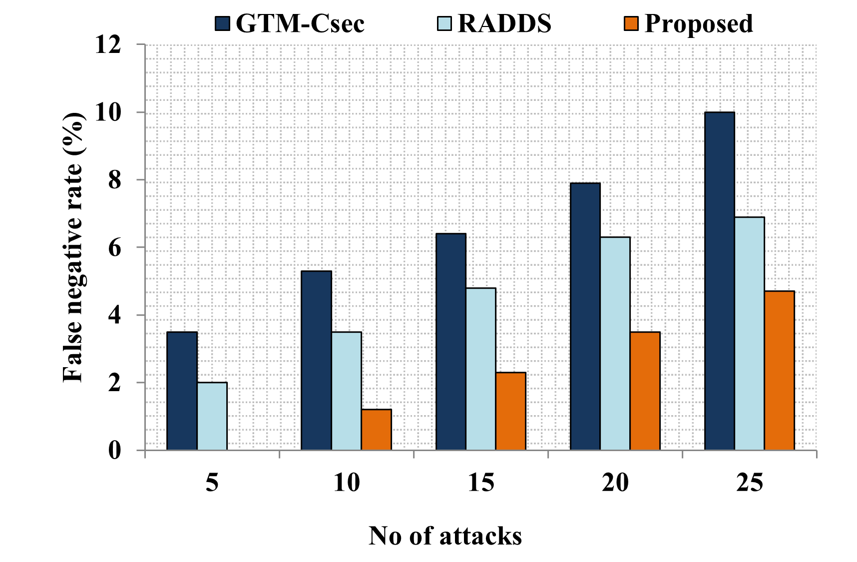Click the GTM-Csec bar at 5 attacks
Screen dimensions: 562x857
pos(182,391)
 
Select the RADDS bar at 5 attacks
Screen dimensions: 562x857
pos(212,416)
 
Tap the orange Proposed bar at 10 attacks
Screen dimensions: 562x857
pos(376,430)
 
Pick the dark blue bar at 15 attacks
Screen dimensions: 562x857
pos(450,342)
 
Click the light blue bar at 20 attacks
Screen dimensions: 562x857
pos(615,343)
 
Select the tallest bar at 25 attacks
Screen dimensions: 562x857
pos(719,281)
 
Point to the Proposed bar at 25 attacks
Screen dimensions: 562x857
pos(779,370)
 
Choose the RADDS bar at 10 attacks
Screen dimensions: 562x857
pos(346,391)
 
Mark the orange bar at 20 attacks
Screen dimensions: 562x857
pos(645,391)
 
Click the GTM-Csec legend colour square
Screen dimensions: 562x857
pos(223,23)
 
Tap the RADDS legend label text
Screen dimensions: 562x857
pos(504,23)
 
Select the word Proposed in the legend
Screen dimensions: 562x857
pos(698,23)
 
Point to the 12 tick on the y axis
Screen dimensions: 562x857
pos(108,45)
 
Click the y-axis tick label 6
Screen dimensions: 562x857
pos(114,248)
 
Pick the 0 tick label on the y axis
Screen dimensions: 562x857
pos(114,451)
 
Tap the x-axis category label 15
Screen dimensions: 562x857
pos(480,483)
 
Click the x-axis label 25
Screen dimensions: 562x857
pos(749,483)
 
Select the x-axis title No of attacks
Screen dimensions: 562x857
pos(445,536)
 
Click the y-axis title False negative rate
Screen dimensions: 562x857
pos(74,247)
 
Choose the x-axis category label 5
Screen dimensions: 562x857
pos(212,483)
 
